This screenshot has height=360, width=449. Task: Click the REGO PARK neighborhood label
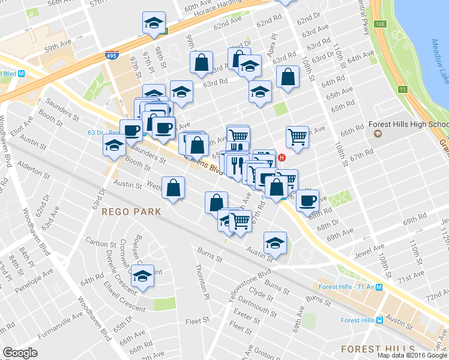point(131,212)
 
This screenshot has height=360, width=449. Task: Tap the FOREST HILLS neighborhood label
point(377,349)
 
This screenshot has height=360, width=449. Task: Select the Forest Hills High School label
point(408,125)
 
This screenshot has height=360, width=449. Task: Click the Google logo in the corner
point(20,353)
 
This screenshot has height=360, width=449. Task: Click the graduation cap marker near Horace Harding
point(154,23)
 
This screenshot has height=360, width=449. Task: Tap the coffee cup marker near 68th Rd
point(308,200)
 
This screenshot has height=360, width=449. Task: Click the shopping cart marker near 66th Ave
point(297,137)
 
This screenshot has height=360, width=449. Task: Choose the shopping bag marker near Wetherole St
point(173,188)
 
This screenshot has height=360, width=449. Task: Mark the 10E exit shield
point(381,24)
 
